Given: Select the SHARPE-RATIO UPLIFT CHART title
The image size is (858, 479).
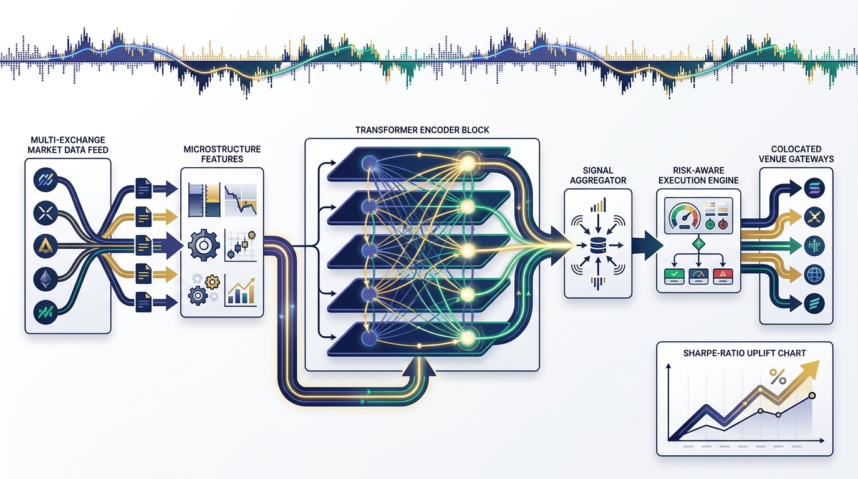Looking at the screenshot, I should click(x=745, y=353).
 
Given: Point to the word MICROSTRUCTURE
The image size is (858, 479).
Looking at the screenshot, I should click(x=222, y=150).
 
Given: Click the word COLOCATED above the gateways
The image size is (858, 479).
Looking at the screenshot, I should click(x=796, y=150).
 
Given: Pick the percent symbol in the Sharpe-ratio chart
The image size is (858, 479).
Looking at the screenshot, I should click(x=778, y=377).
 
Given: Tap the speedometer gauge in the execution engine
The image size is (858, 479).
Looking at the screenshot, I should click(x=683, y=218).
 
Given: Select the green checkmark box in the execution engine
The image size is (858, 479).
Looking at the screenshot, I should click(x=675, y=274).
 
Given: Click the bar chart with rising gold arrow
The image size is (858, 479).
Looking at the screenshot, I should click(x=241, y=292).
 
